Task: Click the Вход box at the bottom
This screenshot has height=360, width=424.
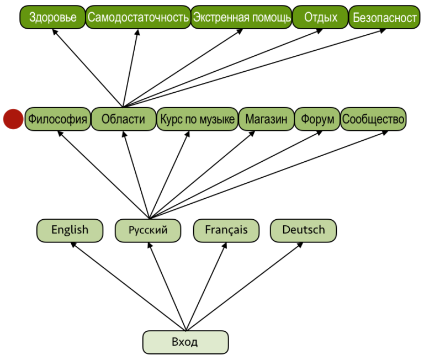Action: coord(185,342)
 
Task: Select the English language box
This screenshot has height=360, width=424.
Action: coord(70,230)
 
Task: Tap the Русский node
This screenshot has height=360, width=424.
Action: coord(148,230)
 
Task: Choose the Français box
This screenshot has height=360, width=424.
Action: coord(226,230)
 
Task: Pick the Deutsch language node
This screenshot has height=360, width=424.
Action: coord(303,230)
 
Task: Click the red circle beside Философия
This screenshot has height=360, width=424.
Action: coord(13,119)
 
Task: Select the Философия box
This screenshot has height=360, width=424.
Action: coord(58,119)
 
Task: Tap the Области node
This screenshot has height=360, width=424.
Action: coord(123,119)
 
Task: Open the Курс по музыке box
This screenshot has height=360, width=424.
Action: coord(197,119)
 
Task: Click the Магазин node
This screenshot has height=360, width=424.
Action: coord(266,119)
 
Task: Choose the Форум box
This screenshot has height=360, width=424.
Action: coord(317,119)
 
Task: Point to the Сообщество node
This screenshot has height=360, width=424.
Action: coord(373,119)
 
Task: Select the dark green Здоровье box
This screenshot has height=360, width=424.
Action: coord(52,18)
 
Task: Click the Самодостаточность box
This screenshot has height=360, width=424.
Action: coord(138,18)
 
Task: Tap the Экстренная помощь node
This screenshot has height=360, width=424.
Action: coord(241,18)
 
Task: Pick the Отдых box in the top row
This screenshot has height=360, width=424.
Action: coord(320,18)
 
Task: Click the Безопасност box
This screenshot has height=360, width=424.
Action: coord(384,18)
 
